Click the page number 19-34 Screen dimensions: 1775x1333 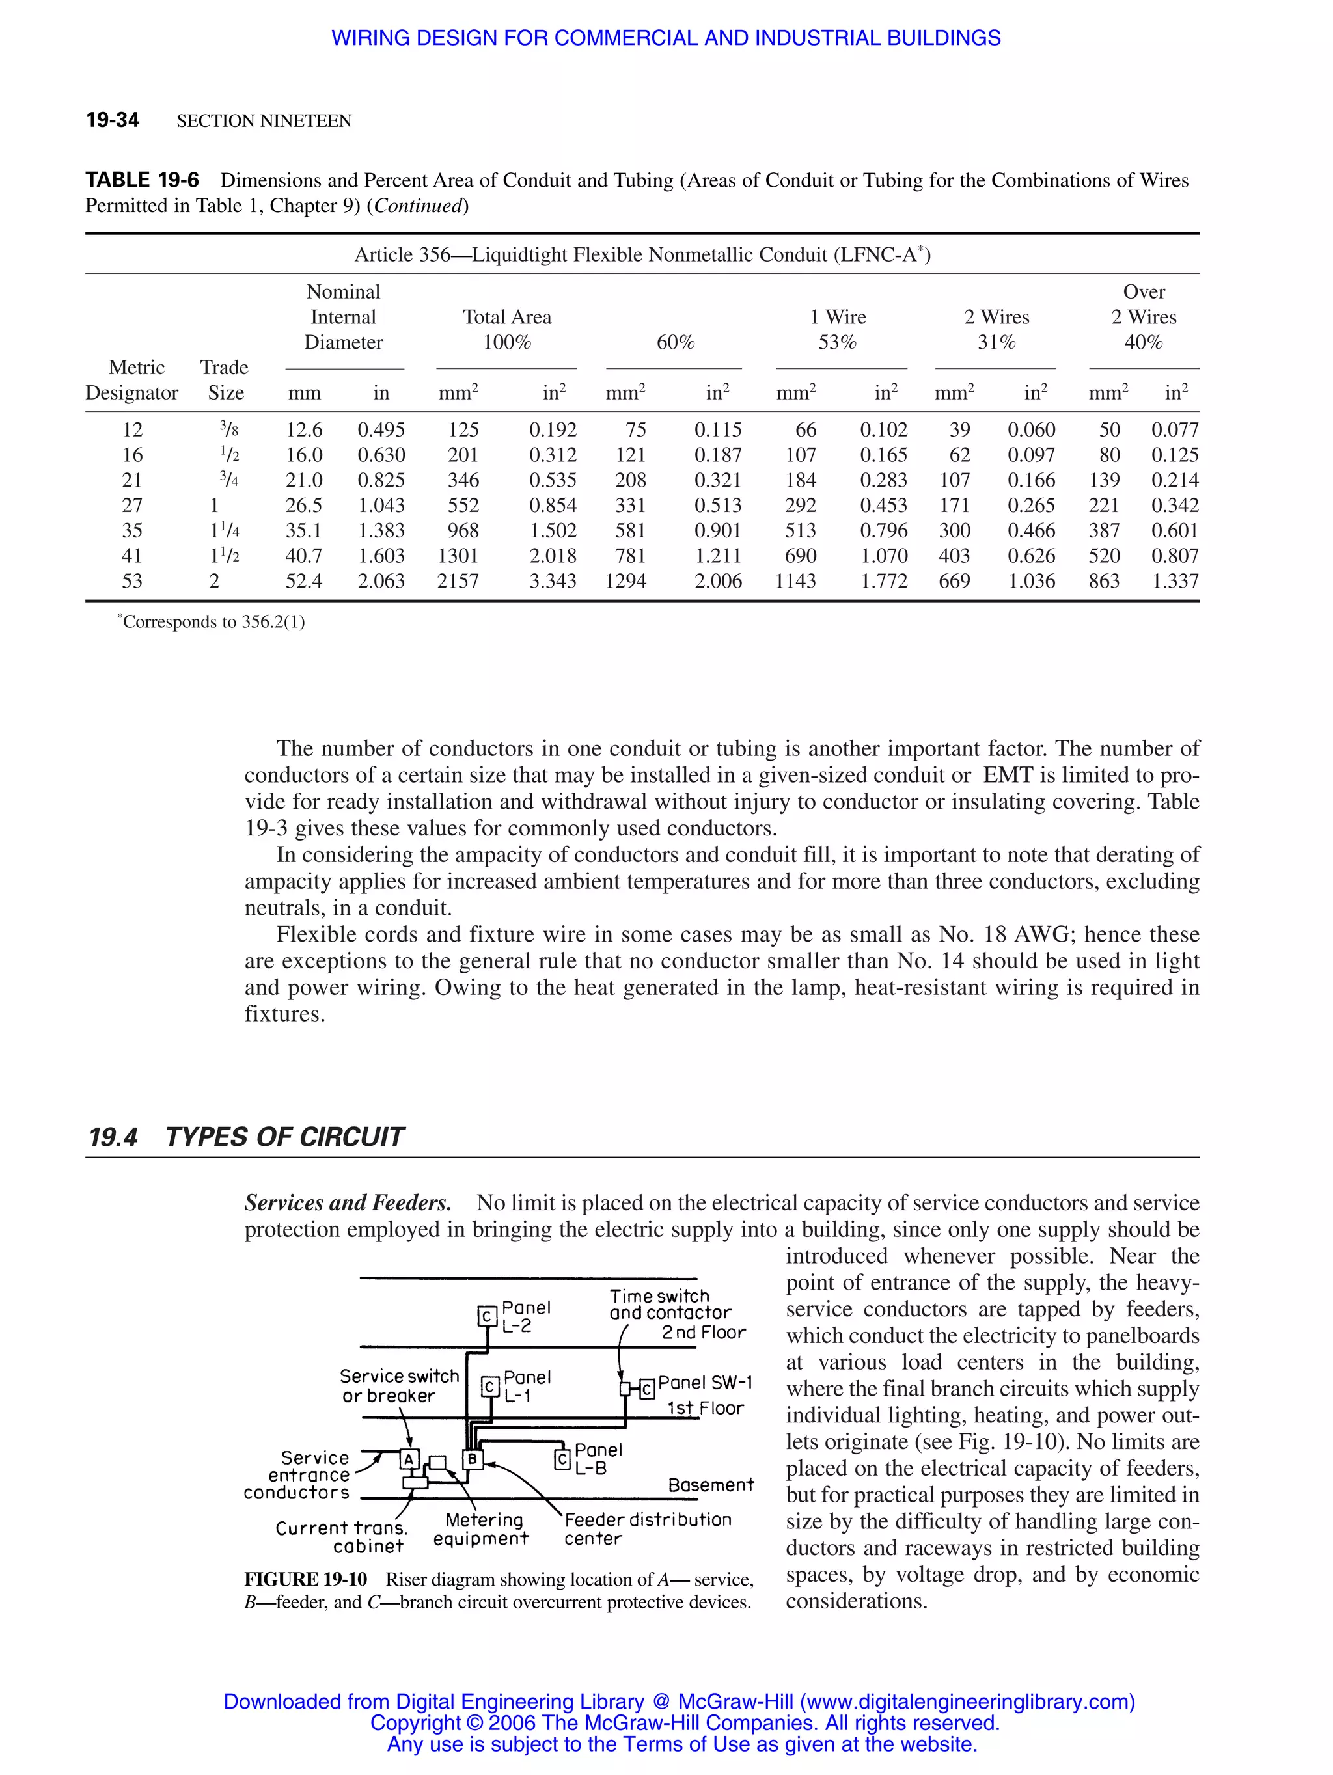[113, 120]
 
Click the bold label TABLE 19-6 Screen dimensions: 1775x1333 [142, 180]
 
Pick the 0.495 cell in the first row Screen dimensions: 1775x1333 [381, 430]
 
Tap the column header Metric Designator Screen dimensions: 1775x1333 [132, 381]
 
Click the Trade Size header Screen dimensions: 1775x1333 [225, 381]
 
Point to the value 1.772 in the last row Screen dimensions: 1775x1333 [884, 581]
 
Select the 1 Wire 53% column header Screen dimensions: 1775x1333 [838, 329]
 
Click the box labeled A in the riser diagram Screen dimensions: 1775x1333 [409, 1459]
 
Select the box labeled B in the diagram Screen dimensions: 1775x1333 [473, 1459]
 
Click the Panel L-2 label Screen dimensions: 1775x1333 [526, 1317]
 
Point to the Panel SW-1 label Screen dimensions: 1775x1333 [705, 1383]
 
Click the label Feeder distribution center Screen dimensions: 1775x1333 [646, 1528]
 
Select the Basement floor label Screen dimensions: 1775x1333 [710, 1485]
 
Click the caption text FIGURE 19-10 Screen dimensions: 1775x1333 [306, 1579]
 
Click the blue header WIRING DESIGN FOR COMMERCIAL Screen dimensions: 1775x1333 [666, 38]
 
